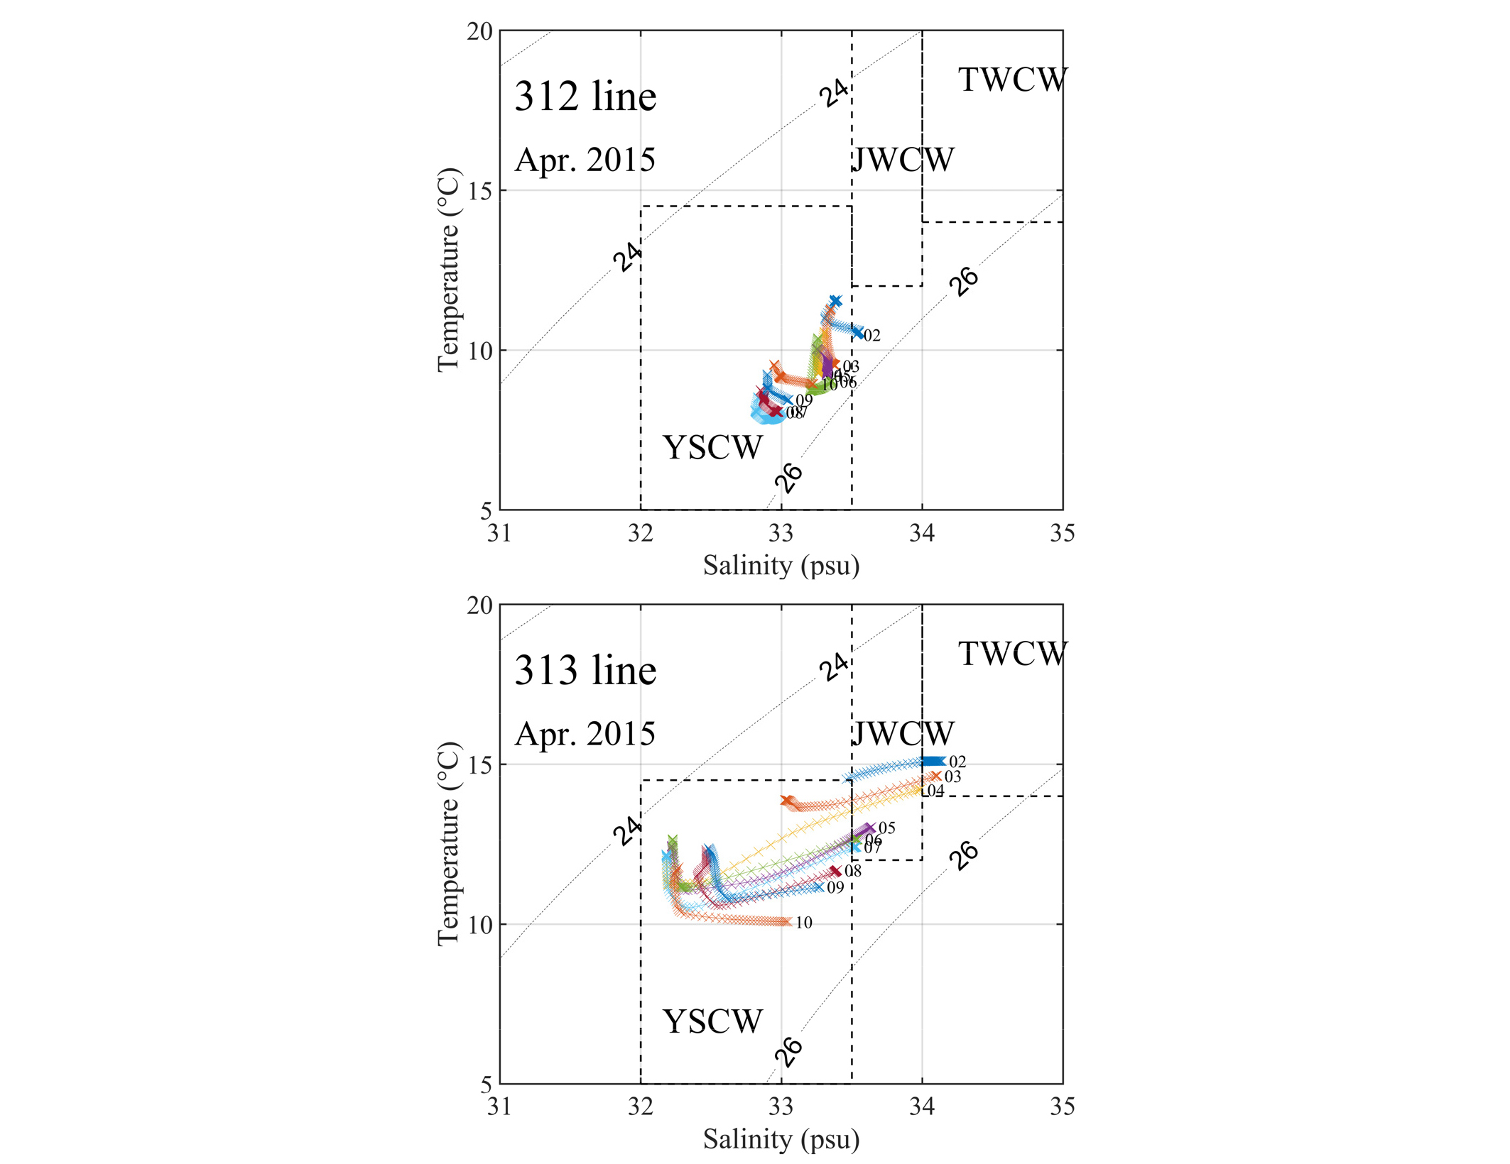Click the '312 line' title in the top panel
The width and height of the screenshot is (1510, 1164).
pyautogui.click(x=585, y=97)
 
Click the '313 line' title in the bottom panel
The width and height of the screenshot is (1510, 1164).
pyautogui.click(x=585, y=670)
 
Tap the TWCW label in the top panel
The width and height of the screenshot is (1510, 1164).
pyautogui.click(x=1012, y=79)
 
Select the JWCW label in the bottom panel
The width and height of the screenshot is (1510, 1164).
pyautogui.click(x=903, y=733)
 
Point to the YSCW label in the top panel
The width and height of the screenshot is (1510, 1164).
pyautogui.click(x=712, y=447)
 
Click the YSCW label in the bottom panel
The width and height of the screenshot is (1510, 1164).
pyautogui.click(x=712, y=1021)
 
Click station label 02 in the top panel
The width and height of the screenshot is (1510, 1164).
pyautogui.click(x=872, y=336)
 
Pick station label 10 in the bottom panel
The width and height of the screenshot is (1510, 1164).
pyautogui.click(x=803, y=923)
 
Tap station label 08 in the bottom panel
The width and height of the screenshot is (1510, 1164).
pyautogui.click(x=852, y=871)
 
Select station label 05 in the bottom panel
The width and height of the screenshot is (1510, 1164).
pyautogui.click(x=886, y=828)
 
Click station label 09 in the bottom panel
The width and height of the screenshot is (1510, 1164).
pyautogui.click(x=835, y=888)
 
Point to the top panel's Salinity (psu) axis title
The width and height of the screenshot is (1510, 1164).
pyautogui.click(x=781, y=566)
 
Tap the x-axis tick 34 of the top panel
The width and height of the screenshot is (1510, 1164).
pyautogui.click(x=922, y=533)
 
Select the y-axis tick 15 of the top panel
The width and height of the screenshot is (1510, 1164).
pyautogui.click(x=480, y=191)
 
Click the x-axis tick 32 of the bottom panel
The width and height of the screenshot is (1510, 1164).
pyautogui.click(x=641, y=1107)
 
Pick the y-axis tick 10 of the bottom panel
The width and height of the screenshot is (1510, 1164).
pyautogui.click(x=480, y=925)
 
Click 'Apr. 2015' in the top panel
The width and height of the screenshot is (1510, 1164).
pyautogui.click(x=585, y=160)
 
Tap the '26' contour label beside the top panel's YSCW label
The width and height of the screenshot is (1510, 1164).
pyautogui.click(x=788, y=478)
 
